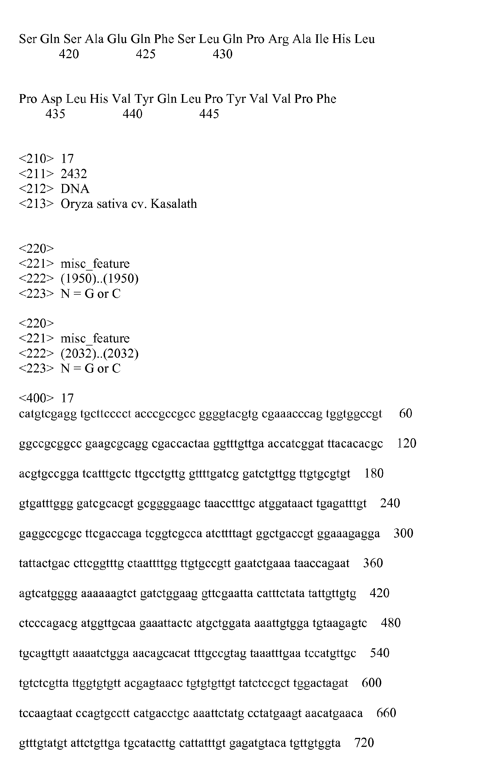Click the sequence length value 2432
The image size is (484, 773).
point(74,174)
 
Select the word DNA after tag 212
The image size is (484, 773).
point(75,189)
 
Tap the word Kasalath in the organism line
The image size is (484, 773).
point(173,204)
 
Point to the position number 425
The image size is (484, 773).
point(146,54)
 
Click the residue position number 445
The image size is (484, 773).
point(209,114)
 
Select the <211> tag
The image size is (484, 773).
point(36,174)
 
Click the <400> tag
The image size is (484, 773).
point(36,398)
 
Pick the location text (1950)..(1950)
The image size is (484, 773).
point(99,279)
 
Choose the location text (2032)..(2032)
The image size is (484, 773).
point(99,354)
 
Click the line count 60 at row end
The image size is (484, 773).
point(406,413)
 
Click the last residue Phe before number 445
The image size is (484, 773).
point(326,99)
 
